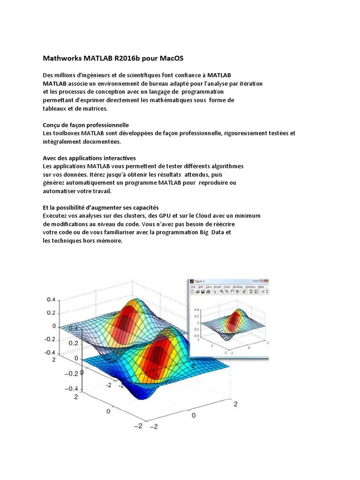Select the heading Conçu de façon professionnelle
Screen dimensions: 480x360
86,126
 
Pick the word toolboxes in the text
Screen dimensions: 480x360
67,134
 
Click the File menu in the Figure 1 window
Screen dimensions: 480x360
193,286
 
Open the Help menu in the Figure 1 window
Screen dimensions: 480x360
261,286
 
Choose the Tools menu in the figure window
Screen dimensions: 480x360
227,286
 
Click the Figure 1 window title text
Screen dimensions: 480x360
202,281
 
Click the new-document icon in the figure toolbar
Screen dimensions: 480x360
193,292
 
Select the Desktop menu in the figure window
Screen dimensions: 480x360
239,286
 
